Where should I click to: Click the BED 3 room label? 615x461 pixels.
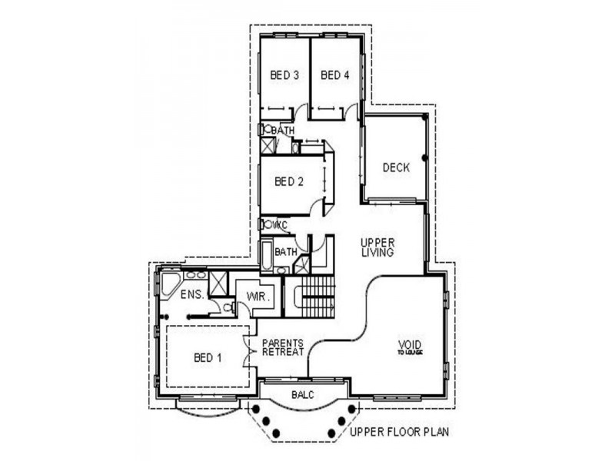coord(284,75)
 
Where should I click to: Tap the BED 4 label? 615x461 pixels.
coord(335,75)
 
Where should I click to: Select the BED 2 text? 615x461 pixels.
coord(289,182)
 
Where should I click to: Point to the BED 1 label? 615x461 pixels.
coord(208,357)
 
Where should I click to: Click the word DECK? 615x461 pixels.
coord(396,167)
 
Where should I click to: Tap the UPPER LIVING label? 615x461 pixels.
coord(377,247)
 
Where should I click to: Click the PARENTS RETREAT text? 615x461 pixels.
coord(283,347)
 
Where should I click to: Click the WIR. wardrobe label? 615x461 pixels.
coord(256,296)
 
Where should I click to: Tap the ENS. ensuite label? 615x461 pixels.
coord(191,294)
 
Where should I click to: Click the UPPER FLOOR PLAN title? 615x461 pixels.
coord(399,433)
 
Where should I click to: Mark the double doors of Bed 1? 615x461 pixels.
coord(248,354)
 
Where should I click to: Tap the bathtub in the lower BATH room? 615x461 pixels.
coord(266,256)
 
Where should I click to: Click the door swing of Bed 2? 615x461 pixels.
coord(318,206)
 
